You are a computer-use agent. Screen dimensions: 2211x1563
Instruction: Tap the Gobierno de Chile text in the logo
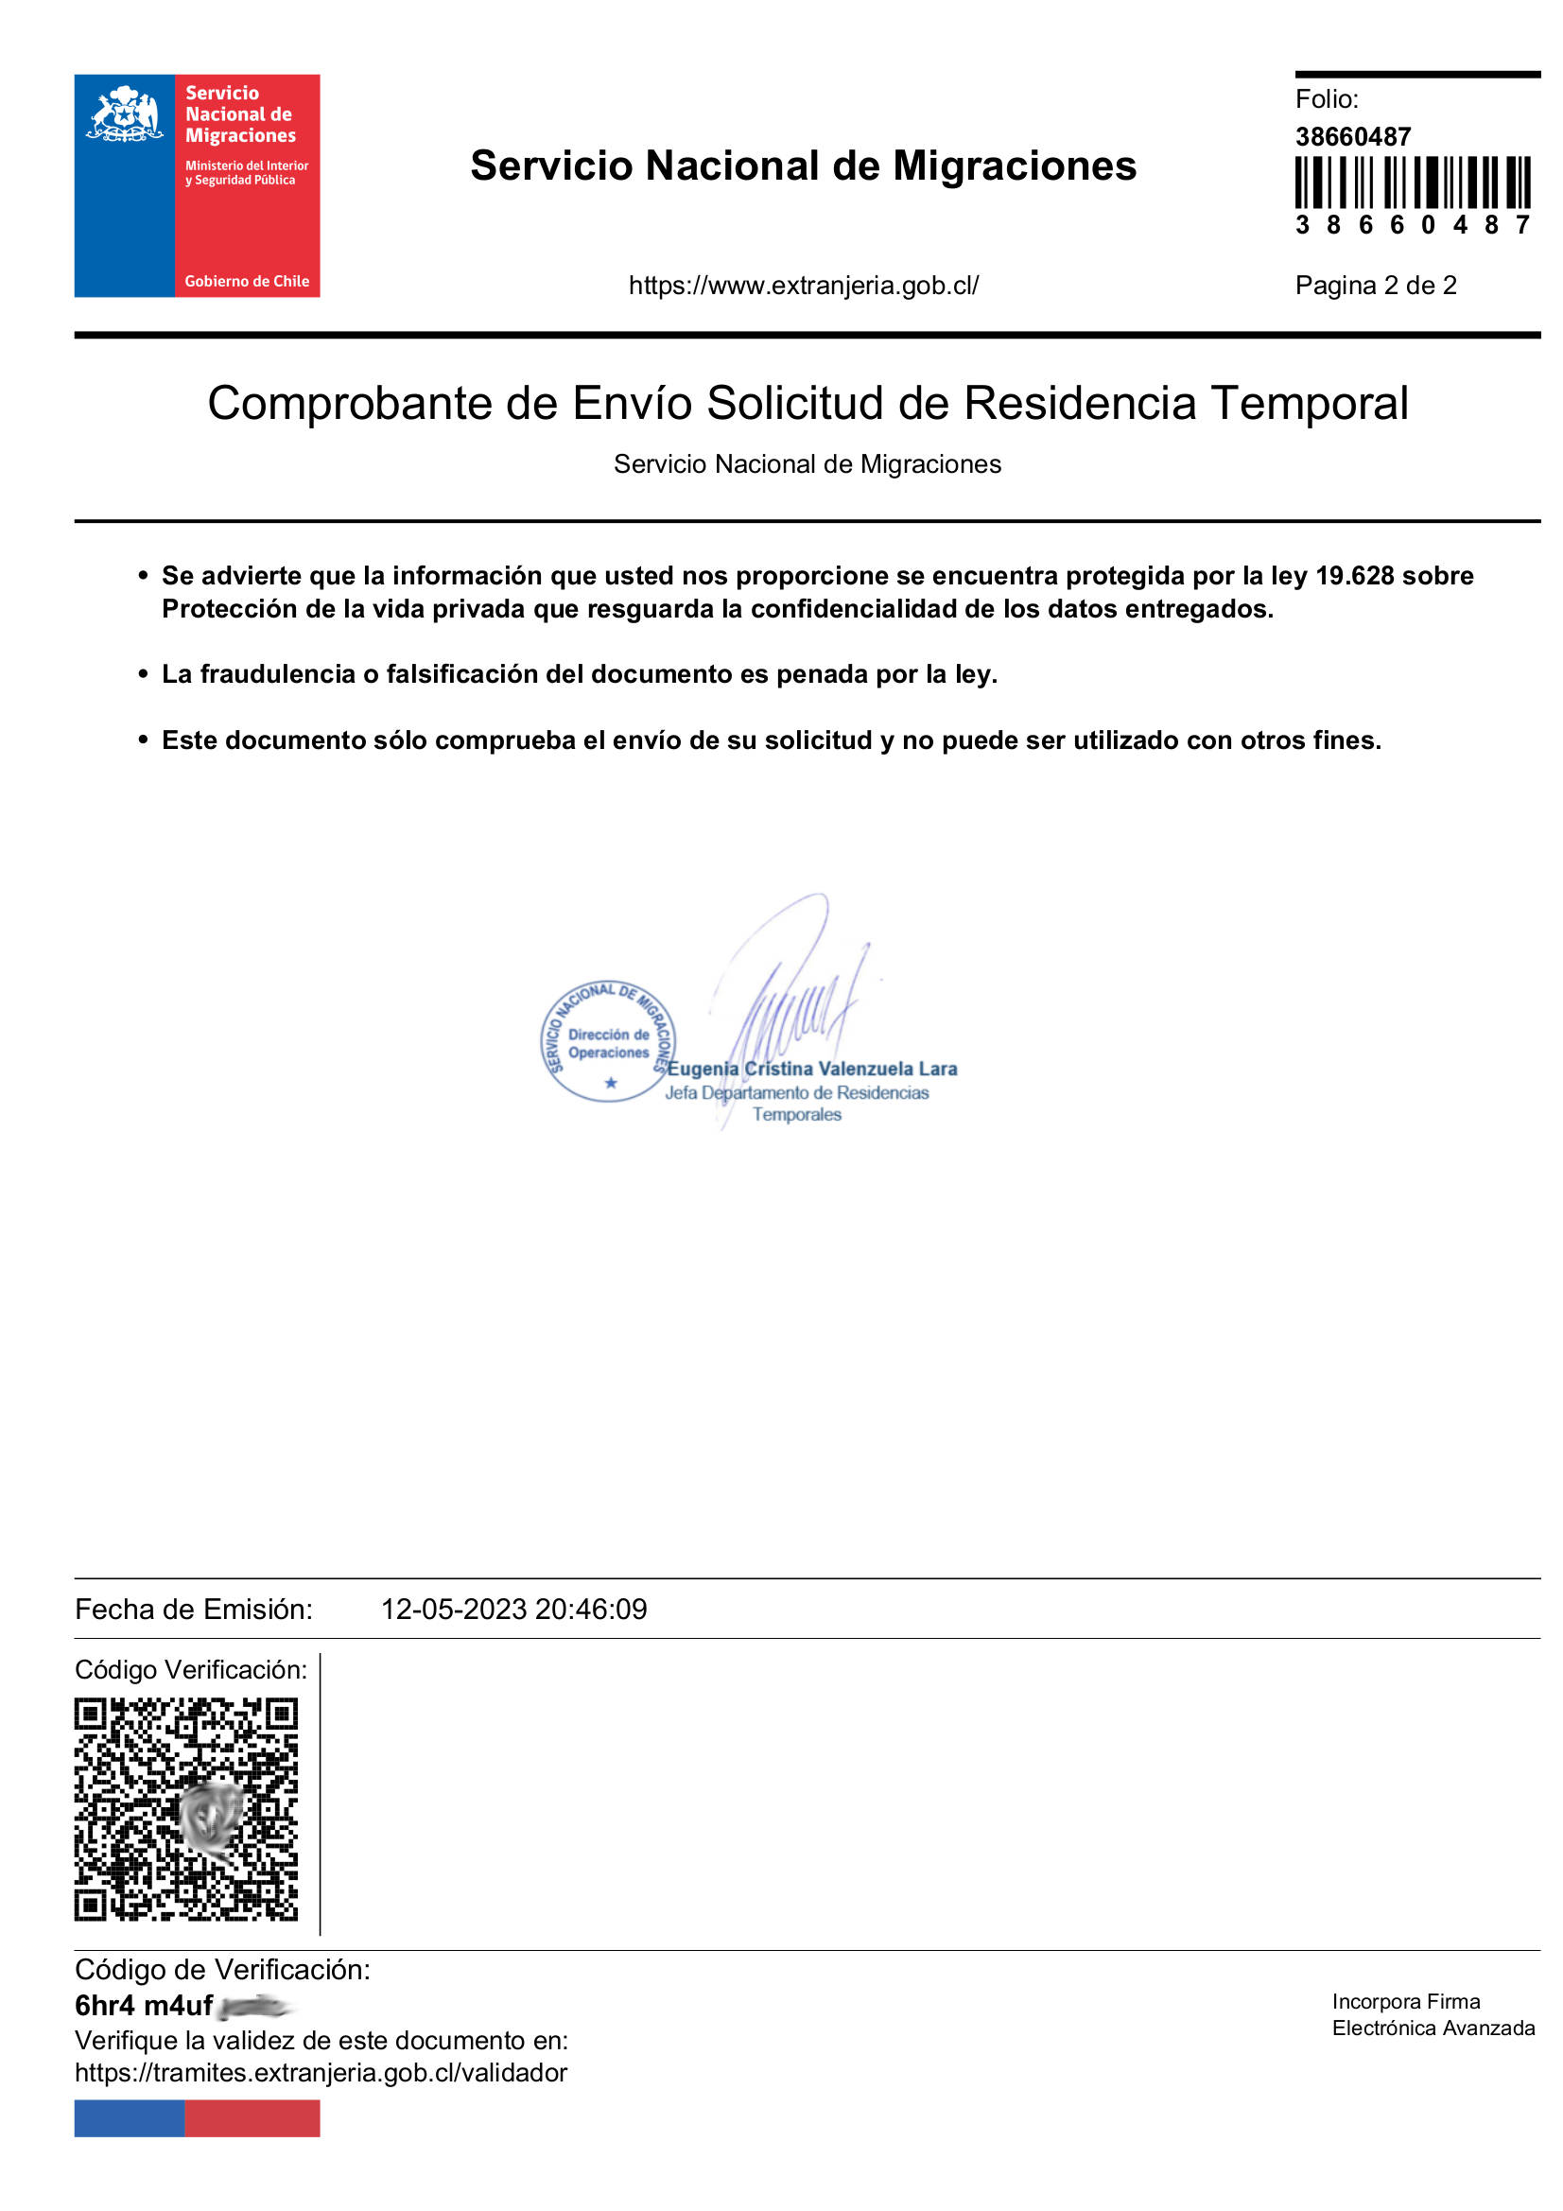pos(247,281)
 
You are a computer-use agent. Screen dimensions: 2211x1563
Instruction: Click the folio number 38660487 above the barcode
pos(1352,137)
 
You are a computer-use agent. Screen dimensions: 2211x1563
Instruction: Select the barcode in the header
pos(1412,183)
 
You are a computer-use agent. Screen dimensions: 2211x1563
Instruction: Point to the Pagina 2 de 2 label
pos(1374,285)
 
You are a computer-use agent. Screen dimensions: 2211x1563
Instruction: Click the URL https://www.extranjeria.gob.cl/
pos(803,285)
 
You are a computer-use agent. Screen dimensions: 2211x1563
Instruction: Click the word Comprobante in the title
pos(349,404)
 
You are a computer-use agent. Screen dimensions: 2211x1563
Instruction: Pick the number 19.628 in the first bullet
pos(1354,576)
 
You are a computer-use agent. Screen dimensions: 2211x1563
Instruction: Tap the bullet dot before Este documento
pos(143,740)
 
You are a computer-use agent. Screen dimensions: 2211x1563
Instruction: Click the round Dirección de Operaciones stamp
pos(608,1041)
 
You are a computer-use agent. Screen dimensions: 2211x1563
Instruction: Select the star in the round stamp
pos(610,1083)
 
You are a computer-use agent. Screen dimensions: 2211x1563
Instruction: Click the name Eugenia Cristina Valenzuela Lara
pos(812,1069)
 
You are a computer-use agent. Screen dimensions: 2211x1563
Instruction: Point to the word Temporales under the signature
pos(796,1114)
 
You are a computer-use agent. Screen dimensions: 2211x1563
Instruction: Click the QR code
pos(186,1809)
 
